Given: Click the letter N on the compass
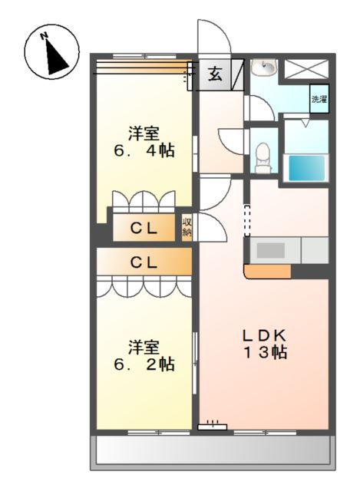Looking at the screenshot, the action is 44,36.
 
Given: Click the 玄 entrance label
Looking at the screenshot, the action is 216,74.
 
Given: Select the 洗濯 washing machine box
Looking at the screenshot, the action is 319,99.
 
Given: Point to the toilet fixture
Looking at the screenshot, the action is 263,158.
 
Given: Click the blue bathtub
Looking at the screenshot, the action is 306,168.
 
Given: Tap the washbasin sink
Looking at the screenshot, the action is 265,68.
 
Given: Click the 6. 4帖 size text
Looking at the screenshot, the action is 144,152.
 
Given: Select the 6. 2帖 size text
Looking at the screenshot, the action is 144,364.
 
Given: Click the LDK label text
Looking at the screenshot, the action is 265,336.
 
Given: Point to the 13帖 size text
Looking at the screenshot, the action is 265,352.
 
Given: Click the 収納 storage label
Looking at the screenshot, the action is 187,227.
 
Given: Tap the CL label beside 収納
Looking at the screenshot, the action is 144,229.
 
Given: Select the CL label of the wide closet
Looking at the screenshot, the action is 144,262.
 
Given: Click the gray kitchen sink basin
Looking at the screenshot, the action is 271,250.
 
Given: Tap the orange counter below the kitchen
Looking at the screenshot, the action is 268,272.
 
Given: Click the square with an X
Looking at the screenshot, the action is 306,68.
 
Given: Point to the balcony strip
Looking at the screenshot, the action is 213,450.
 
